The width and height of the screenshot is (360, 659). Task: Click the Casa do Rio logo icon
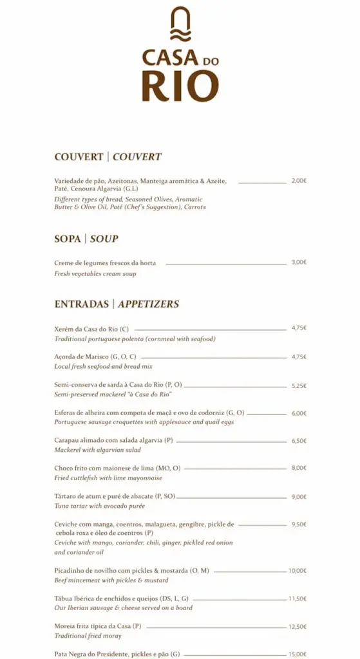pyautogui.click(x=180, y=25)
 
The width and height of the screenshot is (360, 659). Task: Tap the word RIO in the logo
pyautogui.click(x=180, y=86)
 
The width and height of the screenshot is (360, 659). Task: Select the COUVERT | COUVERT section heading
pyautogui.click(x=108, y=156)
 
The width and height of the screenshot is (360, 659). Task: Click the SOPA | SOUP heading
pyautogui.click(x=86, y=239)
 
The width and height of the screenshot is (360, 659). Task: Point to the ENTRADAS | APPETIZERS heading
pyautogui.click(x=117, y=304)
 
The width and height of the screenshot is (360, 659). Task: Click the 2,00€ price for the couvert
pyautogui.click(x=299, y=181)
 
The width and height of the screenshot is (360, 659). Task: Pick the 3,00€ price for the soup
pyautogui.click(x=299, y=262)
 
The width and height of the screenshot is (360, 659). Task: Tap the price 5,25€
pyautogui.click(x=299, y=385)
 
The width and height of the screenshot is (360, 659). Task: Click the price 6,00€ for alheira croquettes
pyautogui.click(x=299, y=413)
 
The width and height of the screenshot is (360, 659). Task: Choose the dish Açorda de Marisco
pyautogui.click(x=95, y=357)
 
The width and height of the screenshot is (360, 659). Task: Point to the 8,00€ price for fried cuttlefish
pyautogui.click(x=299, y=468)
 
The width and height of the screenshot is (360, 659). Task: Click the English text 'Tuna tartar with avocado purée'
pyautogui.click(x=100, y=506)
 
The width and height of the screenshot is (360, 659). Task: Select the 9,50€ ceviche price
pyautogui.click(x=299, y=524)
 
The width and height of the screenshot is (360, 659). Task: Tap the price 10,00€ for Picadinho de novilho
pyautogui.click(x=298, y=570)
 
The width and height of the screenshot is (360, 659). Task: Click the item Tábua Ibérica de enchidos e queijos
pyautogui.click(x=122, y=599)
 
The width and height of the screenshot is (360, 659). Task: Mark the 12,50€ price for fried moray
pyautogui.click(x=298, y=626)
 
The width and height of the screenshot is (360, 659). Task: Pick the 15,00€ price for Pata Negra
pyautogui.click(x=298, y=654)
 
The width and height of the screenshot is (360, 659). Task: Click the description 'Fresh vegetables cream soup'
pyautogui.click(x=95, y=274)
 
